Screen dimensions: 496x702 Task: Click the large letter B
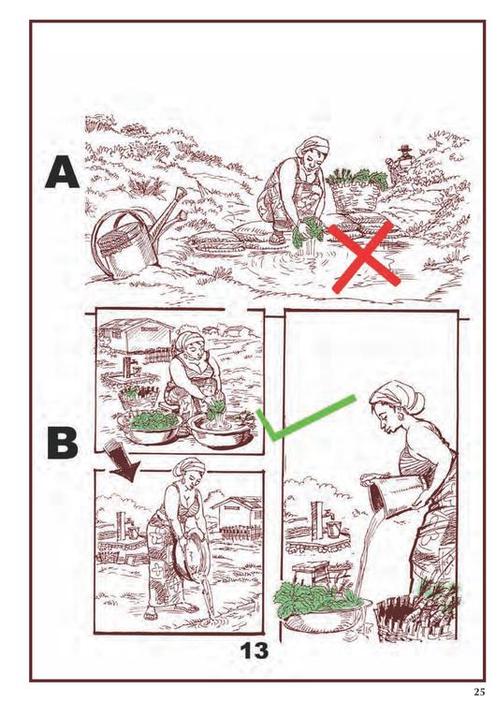[x=63, y=444]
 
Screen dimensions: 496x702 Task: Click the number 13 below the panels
[x=255, y=651]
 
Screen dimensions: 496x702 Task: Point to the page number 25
[x=479, y=692]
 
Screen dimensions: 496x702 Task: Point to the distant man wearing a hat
[x=403, y=162]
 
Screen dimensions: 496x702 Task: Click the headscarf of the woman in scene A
[x=314, y=145]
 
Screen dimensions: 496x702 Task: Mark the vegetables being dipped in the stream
[x=308, y=232]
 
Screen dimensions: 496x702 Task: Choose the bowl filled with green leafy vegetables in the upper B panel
[x=151, y=425]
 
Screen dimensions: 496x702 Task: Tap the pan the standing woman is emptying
[x=186, y=553]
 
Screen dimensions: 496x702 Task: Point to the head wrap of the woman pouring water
[x=399, y=396]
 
